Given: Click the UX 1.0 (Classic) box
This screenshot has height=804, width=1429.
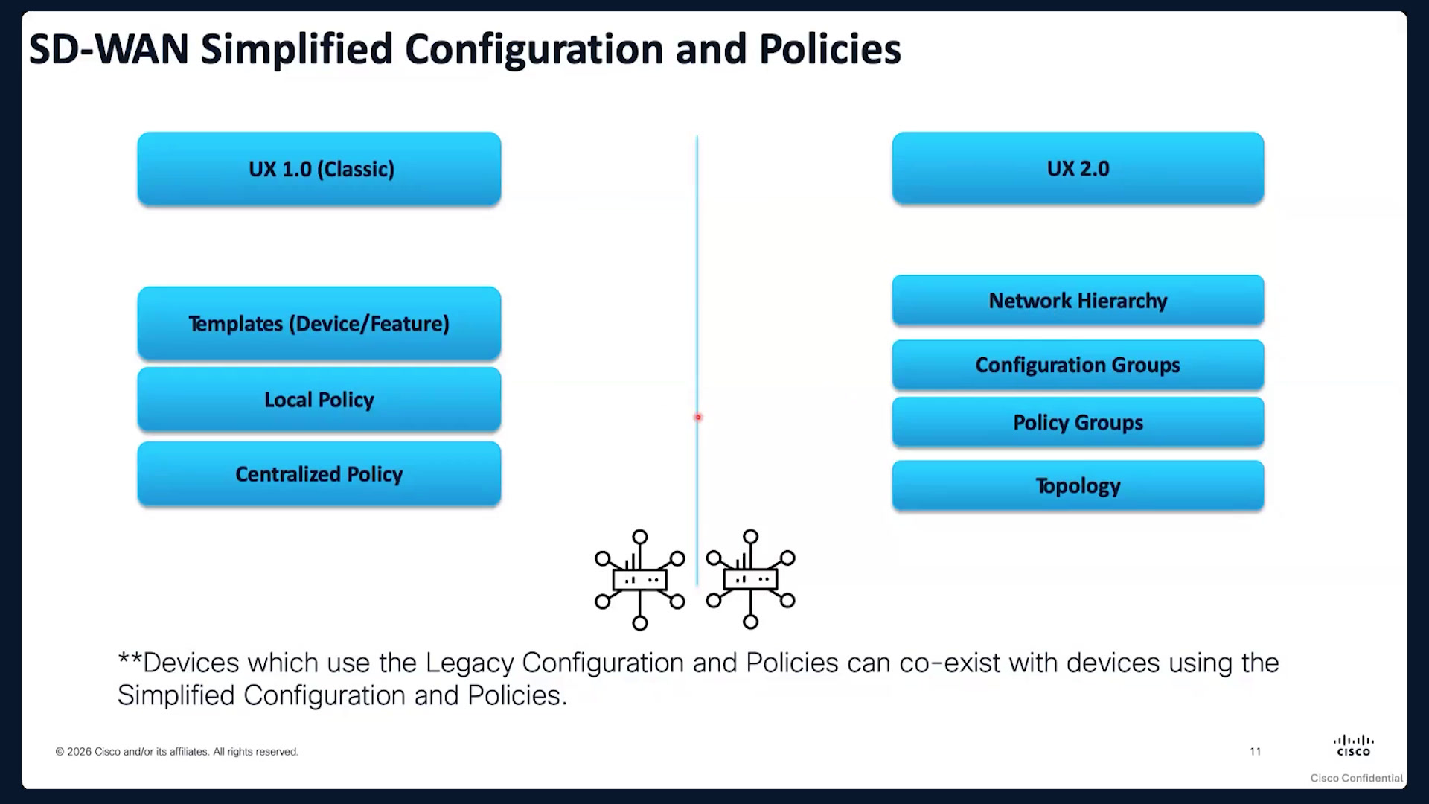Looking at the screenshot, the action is pyautogui.click(x=319, y=168).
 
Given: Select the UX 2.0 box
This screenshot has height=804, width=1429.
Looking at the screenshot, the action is pyautogui.click(x=1078, y=167).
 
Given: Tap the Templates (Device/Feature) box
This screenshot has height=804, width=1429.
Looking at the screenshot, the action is pyautogui.click(x=319, y=323).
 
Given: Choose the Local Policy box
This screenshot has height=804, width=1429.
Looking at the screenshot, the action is pyautogui.click(x=319, y=399).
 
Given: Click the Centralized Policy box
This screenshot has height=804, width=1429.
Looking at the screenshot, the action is pyautogui.click(x=319, y=473).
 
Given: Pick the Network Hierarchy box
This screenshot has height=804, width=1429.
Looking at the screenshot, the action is pyautogui.click(x=1078, y=300).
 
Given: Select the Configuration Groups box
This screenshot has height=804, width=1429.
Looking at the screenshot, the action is pyautogui.click(x=1078, y=365).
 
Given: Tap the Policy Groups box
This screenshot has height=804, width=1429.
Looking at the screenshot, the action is pyautogui.click(x=1078, y=422).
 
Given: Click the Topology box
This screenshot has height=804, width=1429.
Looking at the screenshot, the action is pyautogui.click(x=1078, y=485).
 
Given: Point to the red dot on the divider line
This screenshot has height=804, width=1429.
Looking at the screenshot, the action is pyautogui.click(x=698, y=418).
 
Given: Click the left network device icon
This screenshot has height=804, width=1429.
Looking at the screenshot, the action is pyautogui.click(x=640, y=580).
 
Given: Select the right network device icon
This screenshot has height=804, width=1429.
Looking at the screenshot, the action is pyautogui.click(x=751, y=579).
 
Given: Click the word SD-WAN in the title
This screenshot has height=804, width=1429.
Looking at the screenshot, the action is pyautogui.click(x=109, y=49).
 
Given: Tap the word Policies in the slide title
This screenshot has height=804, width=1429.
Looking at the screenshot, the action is pyautogui.click(x=830, y=49).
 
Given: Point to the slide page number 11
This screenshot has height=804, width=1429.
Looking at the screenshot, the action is pyautogui.click(x=1256, y=751).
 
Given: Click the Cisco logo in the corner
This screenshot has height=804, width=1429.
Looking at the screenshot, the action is pyautogui.click(x=1354, y=745).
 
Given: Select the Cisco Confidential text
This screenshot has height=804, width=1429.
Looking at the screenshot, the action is pyautogui.click(x=1356, y=778).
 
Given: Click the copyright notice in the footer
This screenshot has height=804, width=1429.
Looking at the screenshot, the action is pyautogui.click(x=177, y=752).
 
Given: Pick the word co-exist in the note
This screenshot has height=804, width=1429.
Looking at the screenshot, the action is pyautogui.click(x=950, y=663).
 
